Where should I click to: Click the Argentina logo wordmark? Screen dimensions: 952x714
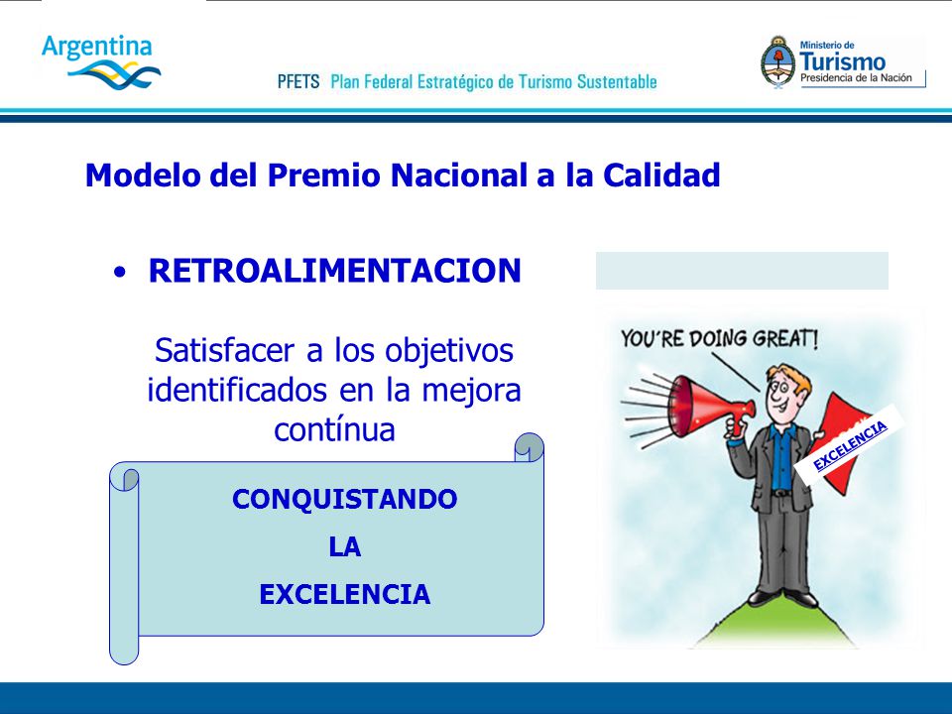pos(96,48)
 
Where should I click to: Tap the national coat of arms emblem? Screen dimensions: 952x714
pos(777,62)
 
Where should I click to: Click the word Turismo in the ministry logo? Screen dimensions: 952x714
pos(842,61)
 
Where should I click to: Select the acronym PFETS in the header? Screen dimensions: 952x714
pos(298,81)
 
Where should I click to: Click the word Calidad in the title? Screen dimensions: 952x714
pos(661,175)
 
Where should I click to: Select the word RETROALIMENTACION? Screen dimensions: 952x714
pos(335,271)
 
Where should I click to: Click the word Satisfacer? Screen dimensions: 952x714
pos(224,350)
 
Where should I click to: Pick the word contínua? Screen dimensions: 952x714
pos(334,429)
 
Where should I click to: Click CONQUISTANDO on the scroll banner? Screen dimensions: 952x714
pos(345,499)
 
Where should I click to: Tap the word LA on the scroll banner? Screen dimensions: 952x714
pos(345,547)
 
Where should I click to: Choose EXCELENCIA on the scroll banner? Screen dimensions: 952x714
pos(345,594)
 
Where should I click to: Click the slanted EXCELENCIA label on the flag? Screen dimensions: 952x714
pos(850,445)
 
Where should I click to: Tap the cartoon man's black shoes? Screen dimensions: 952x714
pos(783,598)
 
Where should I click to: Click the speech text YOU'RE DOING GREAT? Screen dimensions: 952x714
pos(719,338)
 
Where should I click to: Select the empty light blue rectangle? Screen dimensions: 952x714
pos(742,271)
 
